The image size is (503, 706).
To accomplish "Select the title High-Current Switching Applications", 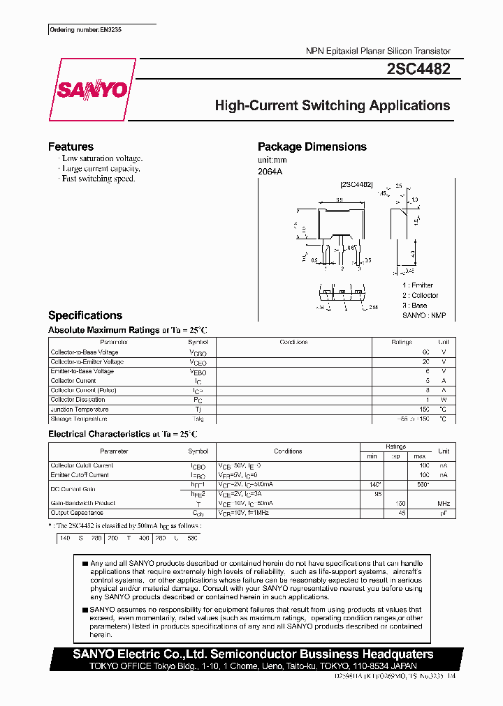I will coord(332,106).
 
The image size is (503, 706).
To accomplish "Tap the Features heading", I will coord(71,147).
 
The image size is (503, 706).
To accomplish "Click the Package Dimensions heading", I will coord(312,147).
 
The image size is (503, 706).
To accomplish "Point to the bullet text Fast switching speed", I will coord(98,179).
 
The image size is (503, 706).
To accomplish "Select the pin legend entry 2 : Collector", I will coord(420,295).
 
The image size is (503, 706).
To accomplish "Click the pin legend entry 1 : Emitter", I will coord(418,285).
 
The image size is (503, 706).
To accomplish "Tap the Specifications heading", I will coord(85,315).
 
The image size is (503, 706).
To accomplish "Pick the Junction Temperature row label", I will coord(79,410).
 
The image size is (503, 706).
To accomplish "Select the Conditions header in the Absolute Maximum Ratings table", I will coord(293,343).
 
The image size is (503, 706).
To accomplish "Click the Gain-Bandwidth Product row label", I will coord(84,503).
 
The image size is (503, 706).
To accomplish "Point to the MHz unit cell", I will coord(443,503).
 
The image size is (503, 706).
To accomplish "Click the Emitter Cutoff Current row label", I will coord(80,475).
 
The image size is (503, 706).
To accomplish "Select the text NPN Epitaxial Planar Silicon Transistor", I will coord(378,51).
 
